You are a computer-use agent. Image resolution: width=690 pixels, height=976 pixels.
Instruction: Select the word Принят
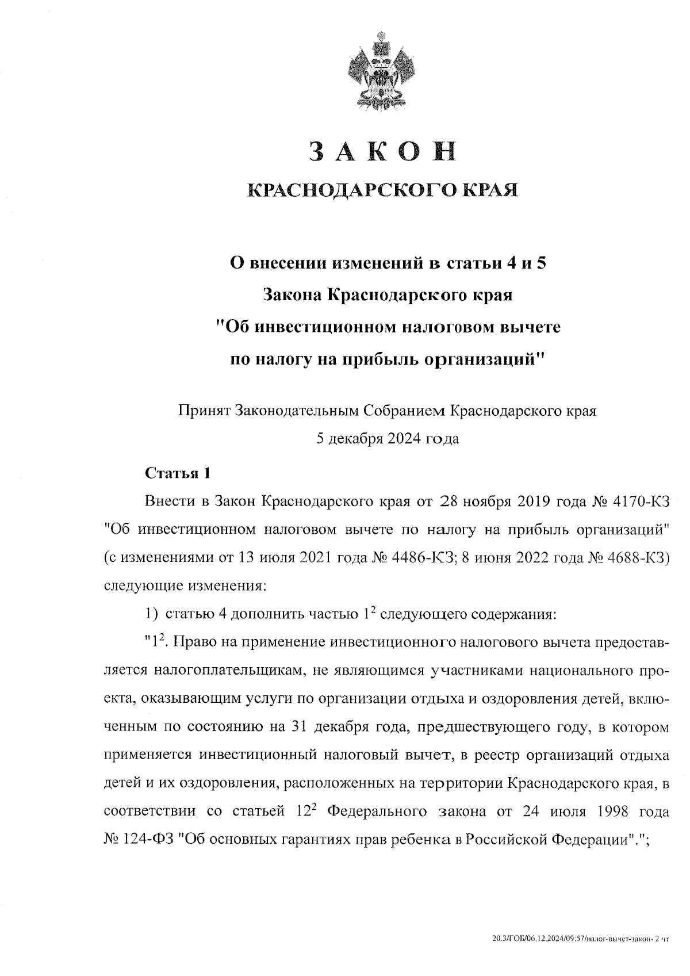pos(202,411)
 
